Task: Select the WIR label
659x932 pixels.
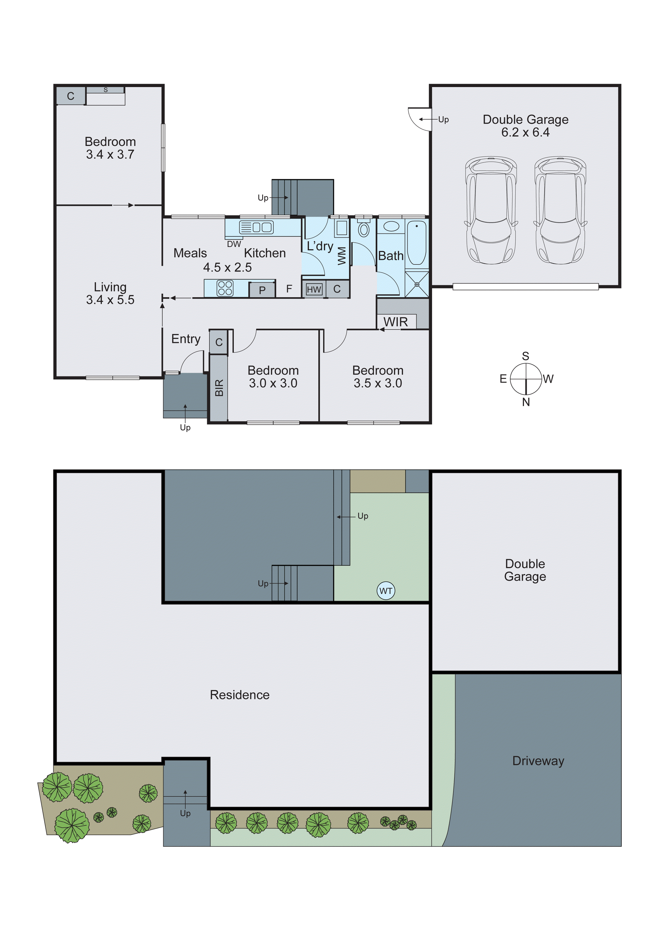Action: click(395, 322)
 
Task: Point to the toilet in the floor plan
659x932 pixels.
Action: click(363, 229)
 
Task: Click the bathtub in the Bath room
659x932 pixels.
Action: click(416, 243)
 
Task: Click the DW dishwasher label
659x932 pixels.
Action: click(234, 244)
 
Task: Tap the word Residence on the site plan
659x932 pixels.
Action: click(240, 695)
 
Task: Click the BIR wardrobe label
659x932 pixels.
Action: click(219, 388)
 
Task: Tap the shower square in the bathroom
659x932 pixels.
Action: click(416, 284)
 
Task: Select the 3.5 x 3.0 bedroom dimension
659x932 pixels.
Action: click(378, 383)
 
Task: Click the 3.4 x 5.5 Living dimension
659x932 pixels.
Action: click(110, 300)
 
